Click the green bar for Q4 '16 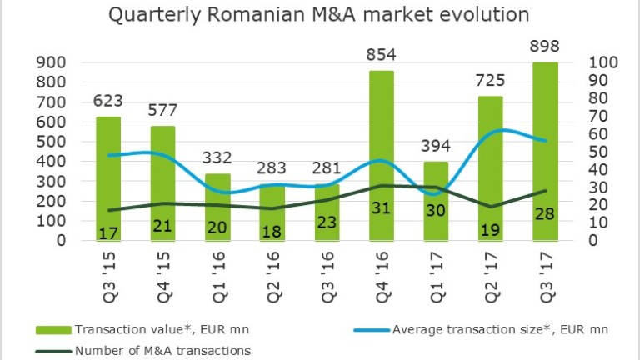click(382, 150)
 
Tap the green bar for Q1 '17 click(436, 200)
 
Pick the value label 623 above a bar click(108, 102)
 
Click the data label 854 click(382, 56)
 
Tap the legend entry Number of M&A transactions click(162, 350)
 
